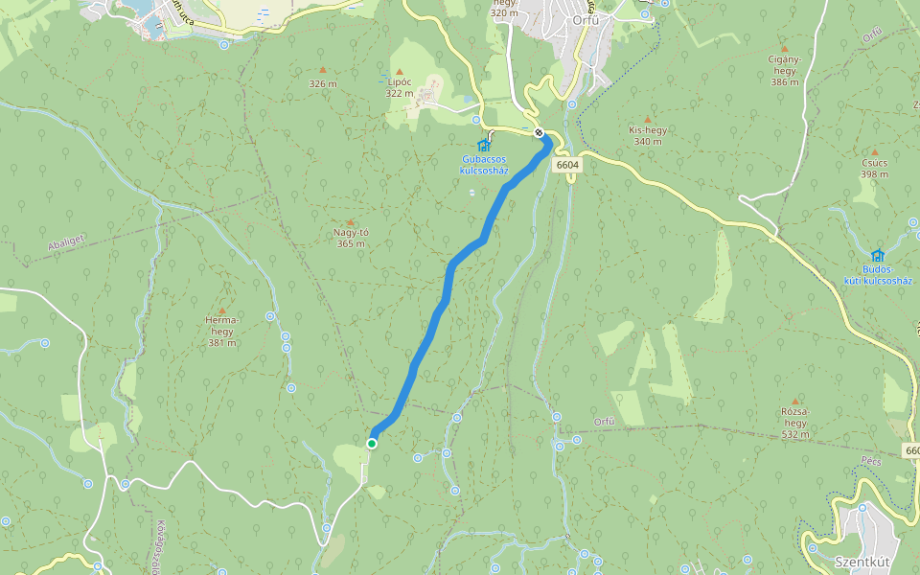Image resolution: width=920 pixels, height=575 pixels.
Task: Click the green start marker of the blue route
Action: pyautogui.click(x=372, y=443)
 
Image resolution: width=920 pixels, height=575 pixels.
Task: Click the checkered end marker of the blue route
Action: pyautogui.click(x=540, y=132)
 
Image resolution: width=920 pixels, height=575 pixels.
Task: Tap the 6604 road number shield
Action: pyautogui.click(x=567, y=165)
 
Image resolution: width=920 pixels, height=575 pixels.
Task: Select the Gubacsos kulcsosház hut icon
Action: pyautogui.click(x=484, y=146)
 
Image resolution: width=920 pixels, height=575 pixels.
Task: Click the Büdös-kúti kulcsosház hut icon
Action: pyautogui.click(x=878, y=256)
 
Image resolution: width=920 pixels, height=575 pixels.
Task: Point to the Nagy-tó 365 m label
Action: pyautogui.click(x=351, y=238)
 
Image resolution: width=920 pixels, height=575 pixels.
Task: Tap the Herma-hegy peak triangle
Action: pyautogui.click(x=222, y=311)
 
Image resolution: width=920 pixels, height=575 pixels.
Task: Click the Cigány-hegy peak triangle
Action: pyautogui.click(x=784, y=48)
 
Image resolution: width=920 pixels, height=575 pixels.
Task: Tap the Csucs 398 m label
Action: pyautogui.click(x=874, y=169)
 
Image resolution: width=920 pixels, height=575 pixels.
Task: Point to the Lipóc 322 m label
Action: pyautogui.click(x=399, y=88)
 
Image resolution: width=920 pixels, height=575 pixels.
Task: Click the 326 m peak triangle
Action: pyautogui.click(x=322, y=70)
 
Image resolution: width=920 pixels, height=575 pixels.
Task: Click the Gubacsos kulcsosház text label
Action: pyautogui.click(x=484, y=165)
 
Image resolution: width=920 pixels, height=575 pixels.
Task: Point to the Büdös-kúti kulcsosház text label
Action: pyautogui.click(x=877, y=275)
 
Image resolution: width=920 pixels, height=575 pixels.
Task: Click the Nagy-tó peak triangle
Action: pyautogui.click(x=350, y=222)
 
